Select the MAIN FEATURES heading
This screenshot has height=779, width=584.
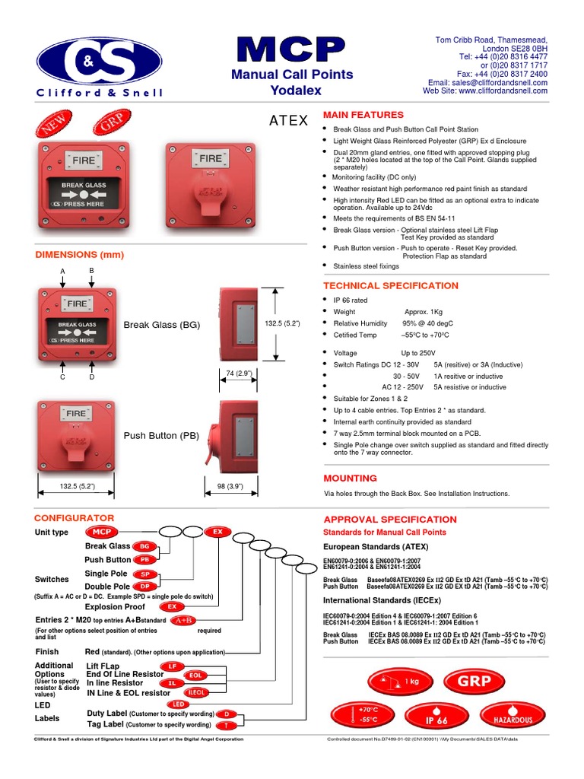click(x=363, y=114)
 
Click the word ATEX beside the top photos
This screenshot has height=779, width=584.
click(x=289, y=121)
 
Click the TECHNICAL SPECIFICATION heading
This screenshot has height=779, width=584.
click(x=391, y=285)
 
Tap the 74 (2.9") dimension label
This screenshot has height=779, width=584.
click(x=239, y=373)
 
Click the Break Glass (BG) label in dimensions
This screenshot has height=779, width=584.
click(x=162, y=325)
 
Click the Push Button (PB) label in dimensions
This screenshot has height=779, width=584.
click(x=161, y=436)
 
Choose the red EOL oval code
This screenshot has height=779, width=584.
click(x=195, y=675)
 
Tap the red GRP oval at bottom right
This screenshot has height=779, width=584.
click(x=475, y=681)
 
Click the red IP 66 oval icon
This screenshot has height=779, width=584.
click(x=436, y=717)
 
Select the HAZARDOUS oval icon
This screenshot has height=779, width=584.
click(x=513, y=715)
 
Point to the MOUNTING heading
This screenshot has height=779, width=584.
click(x=350, y=478)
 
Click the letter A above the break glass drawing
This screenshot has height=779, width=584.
click(x=63, y=272)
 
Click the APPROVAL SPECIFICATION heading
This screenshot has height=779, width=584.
click(x=390, y=519)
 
